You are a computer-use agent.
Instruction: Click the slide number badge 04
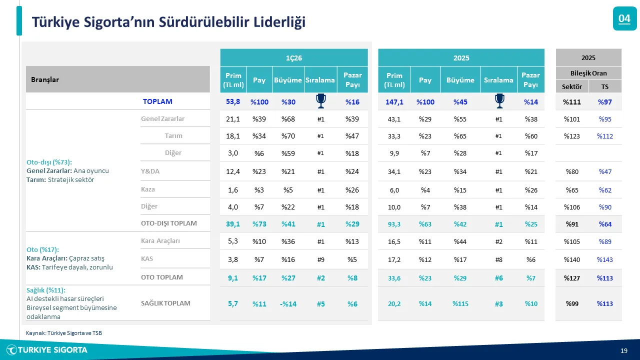point(624,19)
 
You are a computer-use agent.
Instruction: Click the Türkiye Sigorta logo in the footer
point(47,350)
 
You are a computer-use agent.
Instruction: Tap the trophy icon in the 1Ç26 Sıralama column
point(320,101)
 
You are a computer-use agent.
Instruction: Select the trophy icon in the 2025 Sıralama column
point(499,101)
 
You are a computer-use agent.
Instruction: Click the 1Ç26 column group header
point(294,57)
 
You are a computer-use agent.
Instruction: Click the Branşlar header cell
point(117,79)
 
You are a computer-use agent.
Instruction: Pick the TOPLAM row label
point(157,101)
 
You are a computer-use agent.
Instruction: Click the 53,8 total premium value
point(233,101)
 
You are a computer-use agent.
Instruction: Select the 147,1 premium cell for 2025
point(394,101)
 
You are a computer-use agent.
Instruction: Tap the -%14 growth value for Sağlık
point(288,303)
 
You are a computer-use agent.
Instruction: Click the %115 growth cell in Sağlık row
point(460,303)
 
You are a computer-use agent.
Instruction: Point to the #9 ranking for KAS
point(320,259)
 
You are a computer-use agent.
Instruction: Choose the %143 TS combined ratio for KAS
point(604,259)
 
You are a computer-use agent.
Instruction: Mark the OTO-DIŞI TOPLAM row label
point(168,223)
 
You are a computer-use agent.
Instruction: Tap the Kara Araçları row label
point(160,241)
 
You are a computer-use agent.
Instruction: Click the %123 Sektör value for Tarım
point(572,136)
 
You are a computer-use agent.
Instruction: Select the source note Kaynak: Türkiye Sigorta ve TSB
point(63,332)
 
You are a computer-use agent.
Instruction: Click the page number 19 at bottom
point(623,350)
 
